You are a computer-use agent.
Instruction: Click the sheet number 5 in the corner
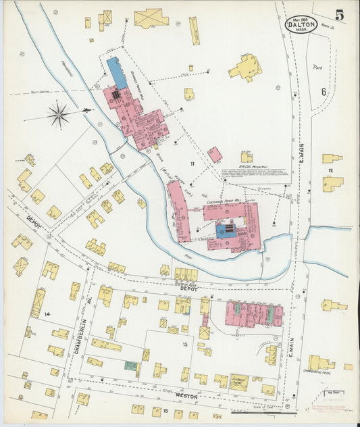(x=339, y=14)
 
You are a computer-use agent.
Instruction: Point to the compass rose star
(x=59, y=114)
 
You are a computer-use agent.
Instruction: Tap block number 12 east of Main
(x=330, y=171)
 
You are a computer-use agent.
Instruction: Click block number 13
(x=184, y=345)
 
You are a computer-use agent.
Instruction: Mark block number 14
(x=47, y=315)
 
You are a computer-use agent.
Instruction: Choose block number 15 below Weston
(x=165, y=410)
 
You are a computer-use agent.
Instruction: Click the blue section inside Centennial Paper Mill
(x=222, y=231)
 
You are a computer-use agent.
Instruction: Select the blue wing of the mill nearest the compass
(x=116, y=73)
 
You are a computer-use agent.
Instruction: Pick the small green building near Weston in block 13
(x=130, y=366)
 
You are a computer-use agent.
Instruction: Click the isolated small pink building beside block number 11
(x=215, y=155)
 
